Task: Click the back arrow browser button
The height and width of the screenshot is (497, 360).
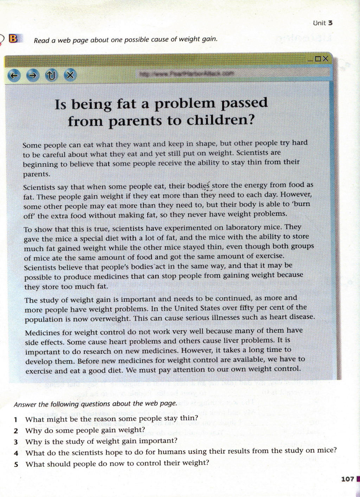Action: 14,75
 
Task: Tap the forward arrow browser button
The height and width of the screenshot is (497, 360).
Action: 33,75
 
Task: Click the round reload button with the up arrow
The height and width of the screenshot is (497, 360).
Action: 51,75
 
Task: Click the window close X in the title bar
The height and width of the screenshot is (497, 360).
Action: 326,59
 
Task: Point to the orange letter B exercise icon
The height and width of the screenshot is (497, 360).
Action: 13,39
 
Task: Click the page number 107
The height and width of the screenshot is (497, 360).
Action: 347,479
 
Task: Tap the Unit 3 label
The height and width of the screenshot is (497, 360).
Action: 322,23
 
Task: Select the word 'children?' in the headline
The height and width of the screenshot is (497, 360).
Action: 220,120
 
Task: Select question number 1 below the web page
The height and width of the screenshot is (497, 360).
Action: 16,419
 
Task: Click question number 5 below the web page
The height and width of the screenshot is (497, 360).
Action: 16,464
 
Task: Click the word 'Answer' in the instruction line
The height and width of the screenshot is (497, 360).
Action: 25,405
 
